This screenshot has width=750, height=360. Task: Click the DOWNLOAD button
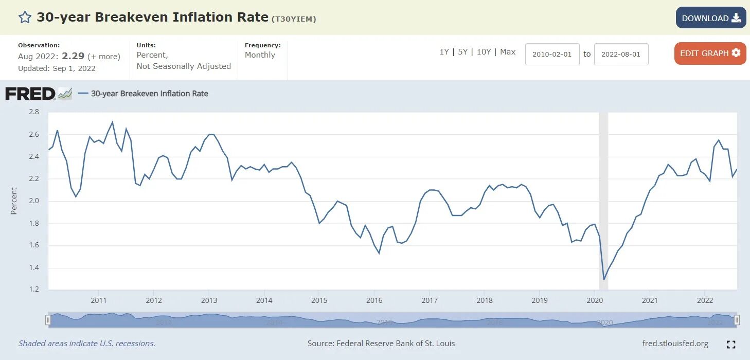[x=710, y=18]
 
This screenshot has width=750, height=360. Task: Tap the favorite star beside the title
[x=25, y=17]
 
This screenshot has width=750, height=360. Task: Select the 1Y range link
[x=444, y=52]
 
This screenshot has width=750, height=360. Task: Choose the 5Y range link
[x=463, y=52]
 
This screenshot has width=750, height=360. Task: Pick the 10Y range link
[x=484, y=52]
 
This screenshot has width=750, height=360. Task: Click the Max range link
[x=508, y=52]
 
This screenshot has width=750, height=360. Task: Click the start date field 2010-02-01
[x=552, y=54]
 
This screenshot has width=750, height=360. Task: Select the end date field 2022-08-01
[x=621, y=54]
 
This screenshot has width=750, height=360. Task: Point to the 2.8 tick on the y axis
[x=34, y=112]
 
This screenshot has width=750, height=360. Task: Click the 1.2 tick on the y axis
[x=34, y=290]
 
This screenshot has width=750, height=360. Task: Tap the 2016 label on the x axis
[x=374, y=300]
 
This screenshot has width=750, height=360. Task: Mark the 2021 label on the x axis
[x=650, y=300]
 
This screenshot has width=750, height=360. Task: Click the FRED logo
[x=30, y=94]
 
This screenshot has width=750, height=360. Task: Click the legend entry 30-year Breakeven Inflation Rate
[x=149, y=94]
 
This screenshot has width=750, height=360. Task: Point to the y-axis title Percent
[x=14, y=201]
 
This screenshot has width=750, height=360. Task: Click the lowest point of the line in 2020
[x=604, y=279]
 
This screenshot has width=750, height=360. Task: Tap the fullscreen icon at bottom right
[x=731, y=345]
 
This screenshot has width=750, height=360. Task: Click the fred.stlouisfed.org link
[x=675, y=343]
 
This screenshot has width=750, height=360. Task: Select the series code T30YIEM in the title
[x=293, y=20]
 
